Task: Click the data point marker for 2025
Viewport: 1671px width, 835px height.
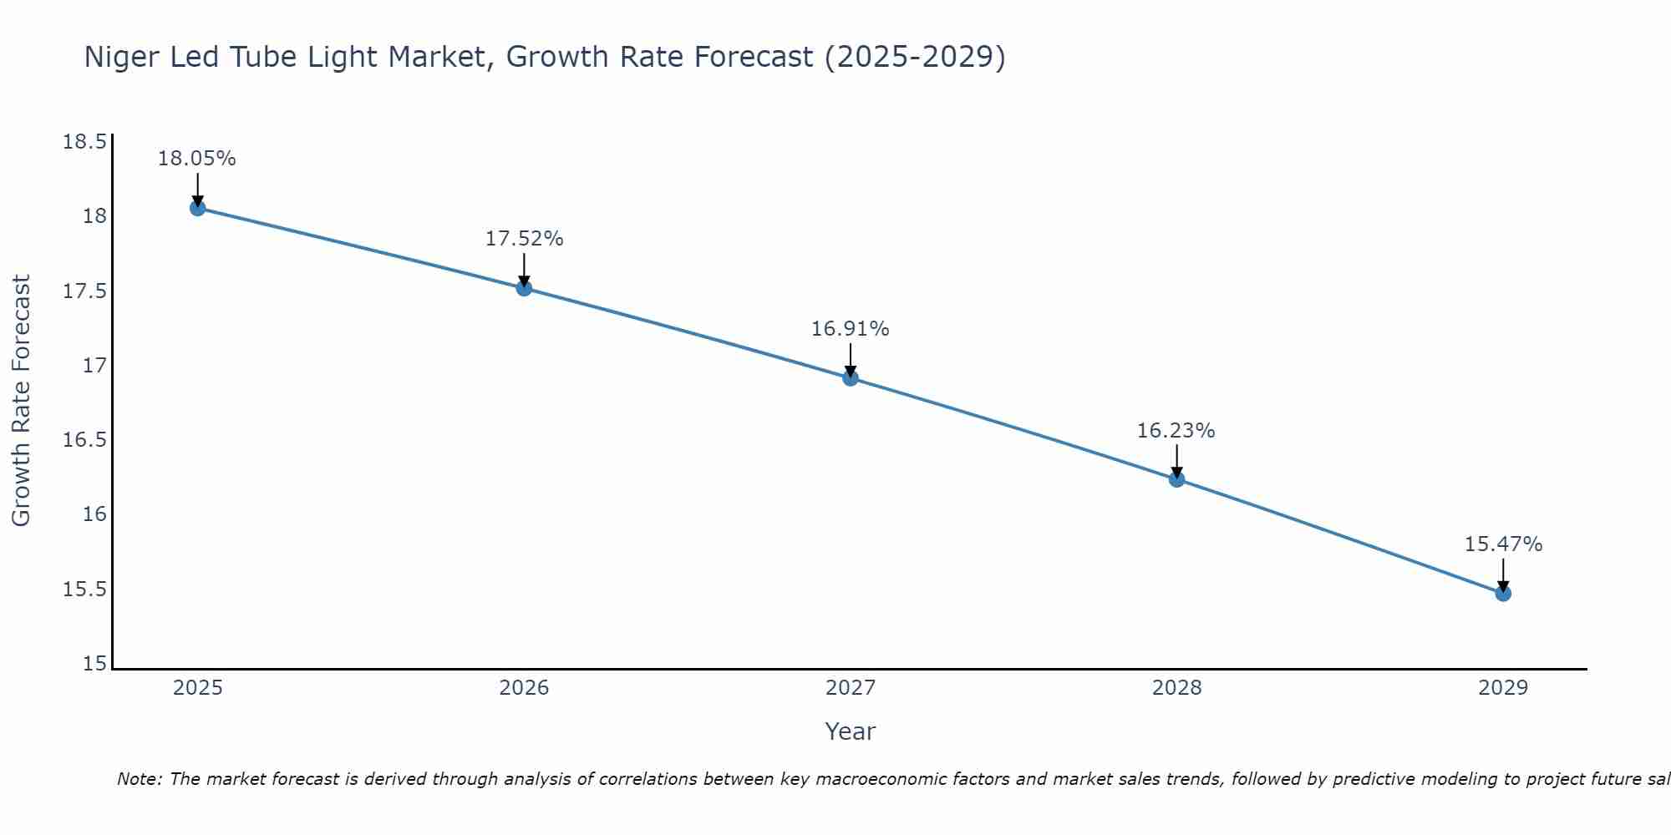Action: pyautogui.click(x=197, y=208)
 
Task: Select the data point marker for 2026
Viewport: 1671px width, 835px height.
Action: pyautogui.click(x=524, y=288)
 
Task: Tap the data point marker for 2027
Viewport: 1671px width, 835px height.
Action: pyautogui.click(x=851, y=378)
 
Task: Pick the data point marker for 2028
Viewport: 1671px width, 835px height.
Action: pyautogui.click(x=1176, y=479)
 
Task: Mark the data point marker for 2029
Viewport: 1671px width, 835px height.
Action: pyautogui.click(x=1503, y=594)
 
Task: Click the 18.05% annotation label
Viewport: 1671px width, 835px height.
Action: pyautogui.click(x=197, y=159)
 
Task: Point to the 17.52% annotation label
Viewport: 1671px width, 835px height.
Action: pyautogui.click(x=524, y=239)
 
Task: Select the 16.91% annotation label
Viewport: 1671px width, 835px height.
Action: pyautogui.click(x=851, y=329)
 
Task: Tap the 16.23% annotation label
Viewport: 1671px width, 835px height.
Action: pyautogui.click(x=1176, y=431)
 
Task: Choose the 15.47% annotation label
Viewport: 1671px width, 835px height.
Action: pyautogui.click(x=1503, y=544)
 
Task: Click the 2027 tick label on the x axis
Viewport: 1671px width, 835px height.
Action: pyautogui.click(x=851, y=688)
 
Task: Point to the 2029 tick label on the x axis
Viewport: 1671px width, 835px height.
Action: pyautogui.click(x=1503, y=688)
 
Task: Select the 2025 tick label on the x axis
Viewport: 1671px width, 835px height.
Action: pyautogui.click(x=197, y=688)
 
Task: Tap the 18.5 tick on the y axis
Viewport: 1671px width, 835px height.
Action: pyautogui.click(x=85, y=142)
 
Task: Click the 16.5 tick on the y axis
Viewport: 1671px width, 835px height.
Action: pyautogui.click(x=85, y=440)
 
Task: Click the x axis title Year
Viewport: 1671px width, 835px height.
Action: pyautogui.click(x=851, y=731)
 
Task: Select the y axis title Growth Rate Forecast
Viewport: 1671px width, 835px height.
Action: pyautogui.click(x=22, y=401)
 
